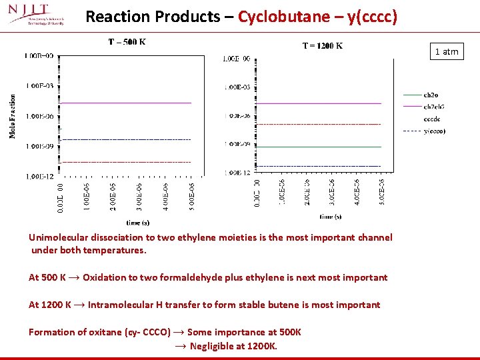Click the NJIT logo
[37, 15]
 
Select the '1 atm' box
[447, 51]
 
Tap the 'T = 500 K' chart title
[127, 42]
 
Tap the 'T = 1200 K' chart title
[323, 45]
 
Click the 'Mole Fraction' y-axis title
[13, 116]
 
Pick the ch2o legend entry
[430, 95]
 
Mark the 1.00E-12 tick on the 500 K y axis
[41, 176]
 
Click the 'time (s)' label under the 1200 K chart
[330, 217]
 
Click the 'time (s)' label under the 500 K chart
[138, 223]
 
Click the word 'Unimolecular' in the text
[58, 237]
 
